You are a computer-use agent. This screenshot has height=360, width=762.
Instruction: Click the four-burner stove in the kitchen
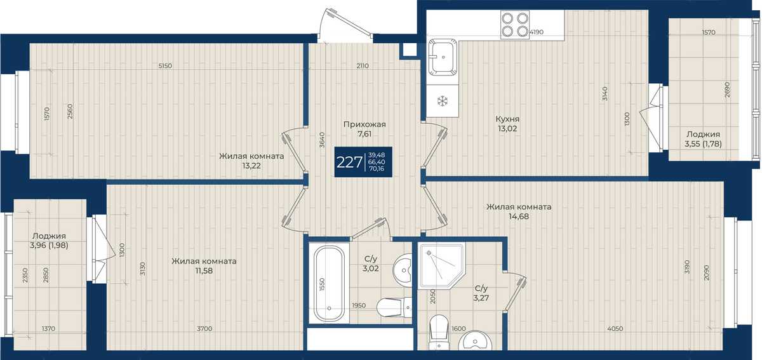[515, 25]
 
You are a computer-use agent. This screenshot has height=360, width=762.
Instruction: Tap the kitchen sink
[443, 57]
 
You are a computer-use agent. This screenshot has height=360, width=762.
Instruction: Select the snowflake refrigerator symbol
[442, 101]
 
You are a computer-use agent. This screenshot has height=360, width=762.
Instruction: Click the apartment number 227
[349, 163]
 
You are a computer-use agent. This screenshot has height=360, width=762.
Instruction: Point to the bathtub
[329, 284]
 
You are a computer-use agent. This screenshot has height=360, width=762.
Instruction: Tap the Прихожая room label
[364, 124]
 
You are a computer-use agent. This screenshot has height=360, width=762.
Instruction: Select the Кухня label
[507, 119]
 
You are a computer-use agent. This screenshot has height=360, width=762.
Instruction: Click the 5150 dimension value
[165, 65]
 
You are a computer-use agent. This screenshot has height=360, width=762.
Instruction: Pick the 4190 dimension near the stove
[537, 32]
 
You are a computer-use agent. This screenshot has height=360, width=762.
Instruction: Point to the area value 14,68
[518, 217]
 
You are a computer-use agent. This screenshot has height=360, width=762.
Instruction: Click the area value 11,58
[204, 271]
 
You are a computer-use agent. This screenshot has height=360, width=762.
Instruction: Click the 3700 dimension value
[204, 329]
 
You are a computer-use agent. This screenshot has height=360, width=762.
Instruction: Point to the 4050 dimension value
[615, 329]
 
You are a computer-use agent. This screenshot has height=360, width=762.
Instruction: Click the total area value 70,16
[377, 168]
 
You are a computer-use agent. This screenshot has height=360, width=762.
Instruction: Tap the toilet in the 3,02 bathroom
[394, 307]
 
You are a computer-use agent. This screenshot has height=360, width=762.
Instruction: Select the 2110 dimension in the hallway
[363, 65]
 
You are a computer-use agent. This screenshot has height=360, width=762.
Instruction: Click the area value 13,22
[251, 166]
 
